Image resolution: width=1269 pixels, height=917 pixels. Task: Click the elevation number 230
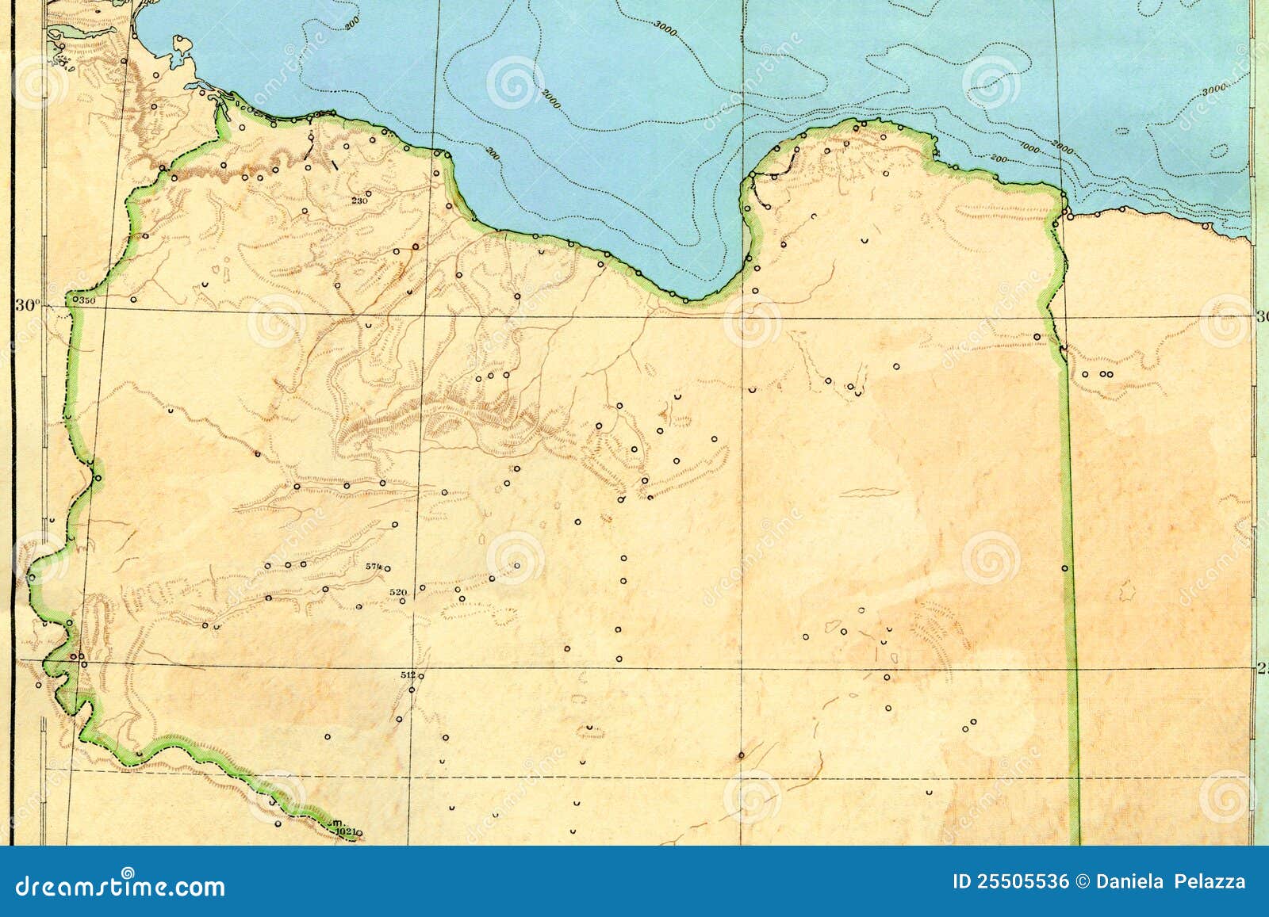(359, 201)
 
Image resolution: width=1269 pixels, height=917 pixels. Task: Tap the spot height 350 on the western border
(86, 300)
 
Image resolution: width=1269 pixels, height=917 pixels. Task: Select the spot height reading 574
(374, 567)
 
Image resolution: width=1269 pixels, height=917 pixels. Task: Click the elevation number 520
(398, 592)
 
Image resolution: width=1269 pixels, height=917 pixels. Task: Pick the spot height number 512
(408, 675)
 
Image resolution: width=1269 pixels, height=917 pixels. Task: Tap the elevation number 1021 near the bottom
(344, 831)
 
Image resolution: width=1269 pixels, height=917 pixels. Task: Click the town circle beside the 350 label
(75, 300)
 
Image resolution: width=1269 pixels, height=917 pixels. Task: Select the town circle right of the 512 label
(421, 675)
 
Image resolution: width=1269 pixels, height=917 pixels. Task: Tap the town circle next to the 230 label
(369, 193)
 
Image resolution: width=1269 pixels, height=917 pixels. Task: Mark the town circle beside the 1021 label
(358, 832)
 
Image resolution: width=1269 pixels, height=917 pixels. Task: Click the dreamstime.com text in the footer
(121, 885)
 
